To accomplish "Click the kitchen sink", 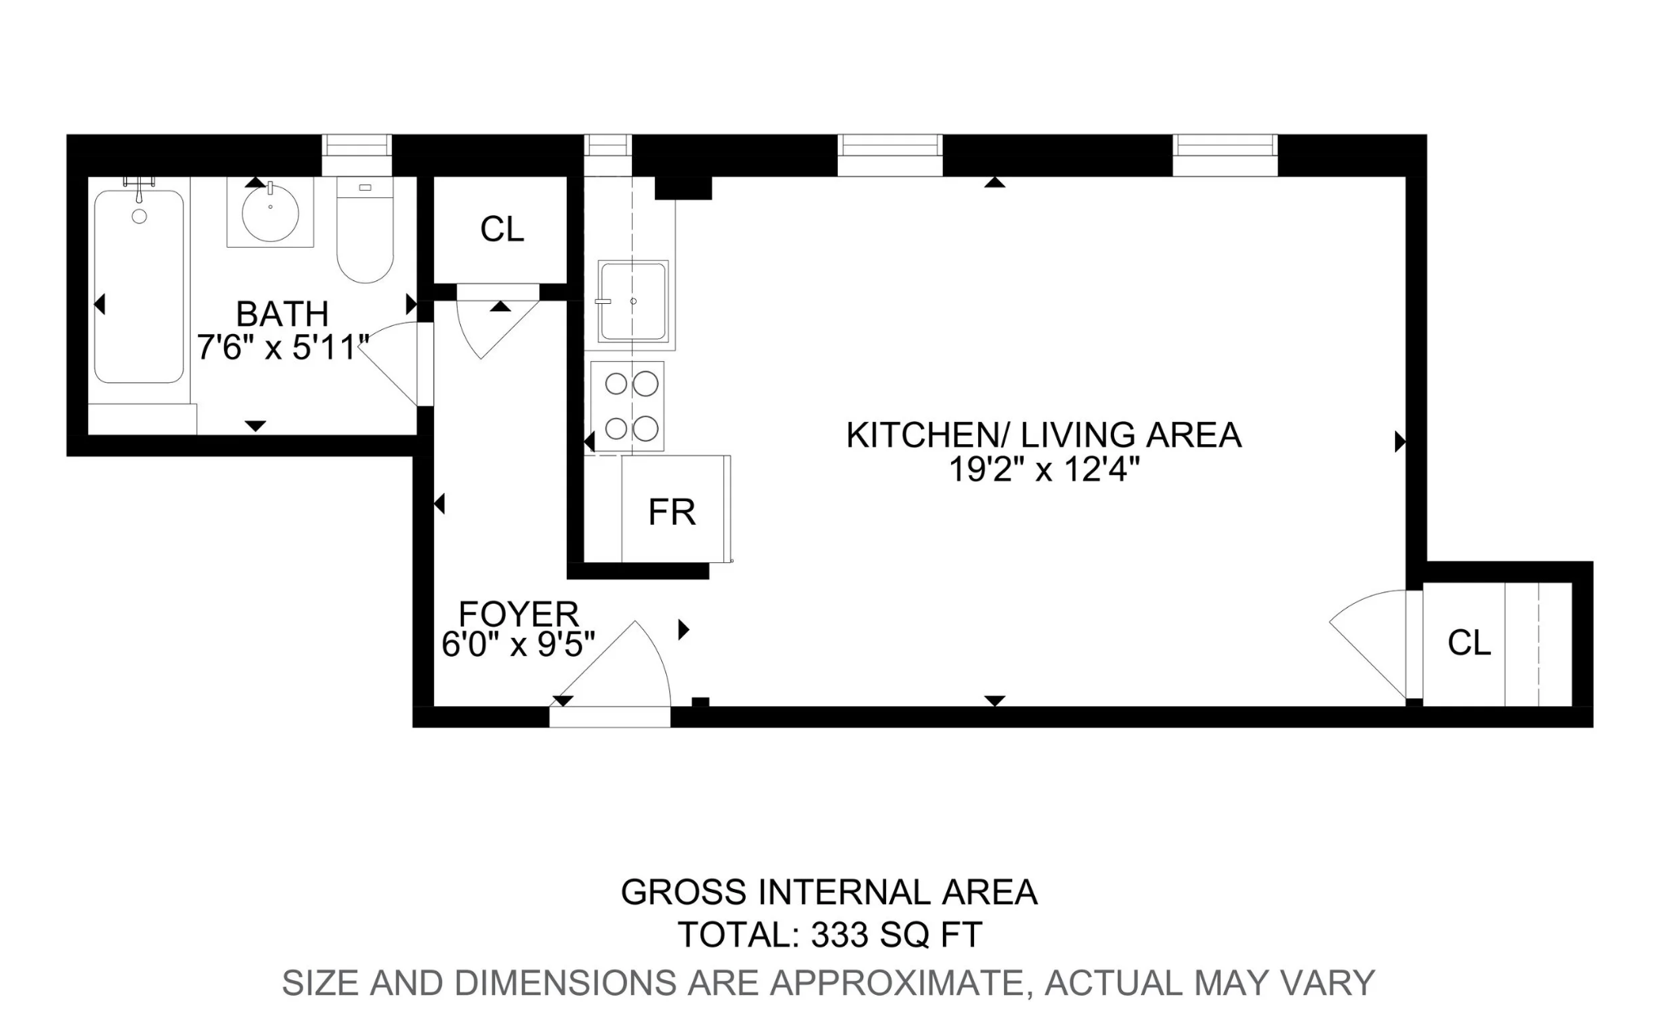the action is pos(633,301).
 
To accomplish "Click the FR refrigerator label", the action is pos(672,512).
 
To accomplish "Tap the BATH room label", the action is pos(282,314).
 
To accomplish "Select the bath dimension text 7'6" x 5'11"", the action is pos(283,348).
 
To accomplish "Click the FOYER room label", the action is pos(519,613).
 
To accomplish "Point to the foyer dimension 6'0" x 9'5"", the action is pos(519,644).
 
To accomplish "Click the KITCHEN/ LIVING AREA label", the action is pos(1044,435).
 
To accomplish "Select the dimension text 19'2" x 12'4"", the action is pos(1044,469).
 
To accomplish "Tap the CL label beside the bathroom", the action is pos(502,230).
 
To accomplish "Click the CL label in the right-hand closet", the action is pos(1469,644).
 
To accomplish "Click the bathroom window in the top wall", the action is pos(357,146).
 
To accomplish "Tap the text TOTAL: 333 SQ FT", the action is pos(830,935).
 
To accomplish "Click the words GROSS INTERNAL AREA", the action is pos(829,892).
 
